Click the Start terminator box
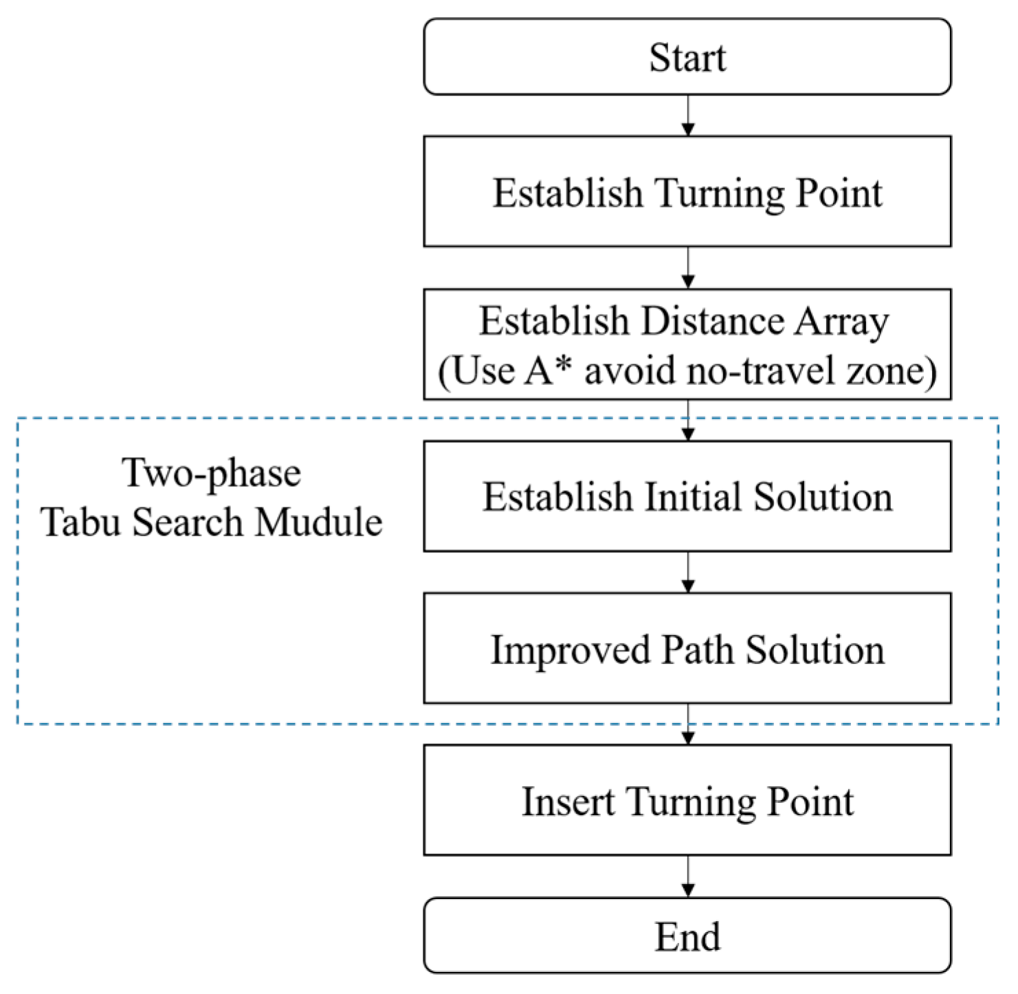687,57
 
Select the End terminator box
687,936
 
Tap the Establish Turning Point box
687,192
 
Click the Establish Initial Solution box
687,496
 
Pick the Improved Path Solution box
687,648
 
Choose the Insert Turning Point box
687,800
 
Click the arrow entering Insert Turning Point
687,725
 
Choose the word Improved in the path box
570,650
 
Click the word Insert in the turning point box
568,802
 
